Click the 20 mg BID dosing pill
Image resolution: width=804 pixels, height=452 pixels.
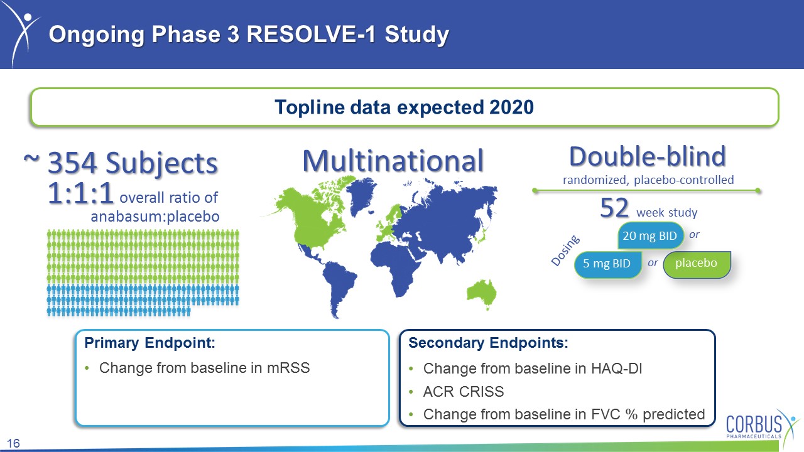(x=650, y=235)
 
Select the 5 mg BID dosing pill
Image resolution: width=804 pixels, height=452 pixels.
(x=607, y=264)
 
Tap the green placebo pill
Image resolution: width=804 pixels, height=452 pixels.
(x=697, y=264)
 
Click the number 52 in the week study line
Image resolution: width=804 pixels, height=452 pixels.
(x=614, y=208)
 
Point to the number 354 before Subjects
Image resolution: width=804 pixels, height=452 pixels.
(x=72, y=163)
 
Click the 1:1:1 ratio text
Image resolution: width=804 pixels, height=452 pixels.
(x=80, y=193)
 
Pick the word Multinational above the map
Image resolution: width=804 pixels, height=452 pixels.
(x=393, y=161)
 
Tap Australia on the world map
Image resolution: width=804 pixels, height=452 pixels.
(x=482, y=293)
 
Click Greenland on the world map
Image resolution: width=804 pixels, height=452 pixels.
(x=361, y=195)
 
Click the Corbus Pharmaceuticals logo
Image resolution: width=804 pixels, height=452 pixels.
(x=761, y=426)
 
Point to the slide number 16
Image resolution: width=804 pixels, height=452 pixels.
(x=13, y=443)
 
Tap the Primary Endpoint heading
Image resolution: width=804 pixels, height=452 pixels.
(x=149, y=343)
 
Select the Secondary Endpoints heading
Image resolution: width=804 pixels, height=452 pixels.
(x=488, y=343)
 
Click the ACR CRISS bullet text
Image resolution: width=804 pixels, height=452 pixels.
(x=464, y=391)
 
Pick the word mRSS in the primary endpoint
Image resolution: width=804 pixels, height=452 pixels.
(x=288, y=368)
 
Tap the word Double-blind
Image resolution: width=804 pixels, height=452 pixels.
(x=648, y=156)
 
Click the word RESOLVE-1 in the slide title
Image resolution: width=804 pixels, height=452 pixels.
(x=311, y=35)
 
